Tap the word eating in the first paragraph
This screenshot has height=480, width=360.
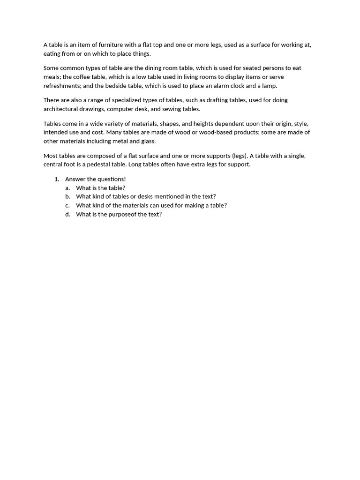point(52,53)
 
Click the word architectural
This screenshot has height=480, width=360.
point(63,109)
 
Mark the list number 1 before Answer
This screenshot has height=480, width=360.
point(56,179)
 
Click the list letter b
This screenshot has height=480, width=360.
point(67,197)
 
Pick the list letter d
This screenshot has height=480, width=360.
point(67,214)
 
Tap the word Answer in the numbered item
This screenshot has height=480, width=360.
point(75,179)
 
